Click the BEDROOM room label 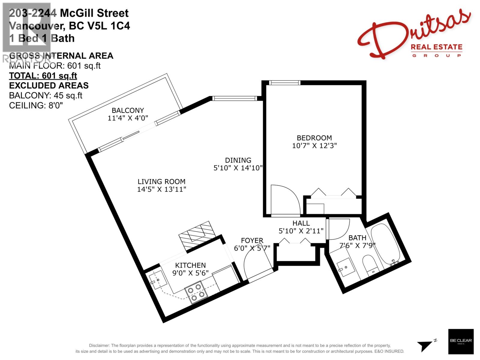pos(314,138)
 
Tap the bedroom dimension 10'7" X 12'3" pos(314,146)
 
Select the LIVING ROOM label pos(161,181)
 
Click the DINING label pos(238,160)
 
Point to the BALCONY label pos(128,110)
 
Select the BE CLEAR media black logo pos(461,341)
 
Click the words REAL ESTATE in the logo pos(436,47)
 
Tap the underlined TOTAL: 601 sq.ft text pos(43,76)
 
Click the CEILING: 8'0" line pos(36,106)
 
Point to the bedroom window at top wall pos(284,83)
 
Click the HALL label pos(301,223)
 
